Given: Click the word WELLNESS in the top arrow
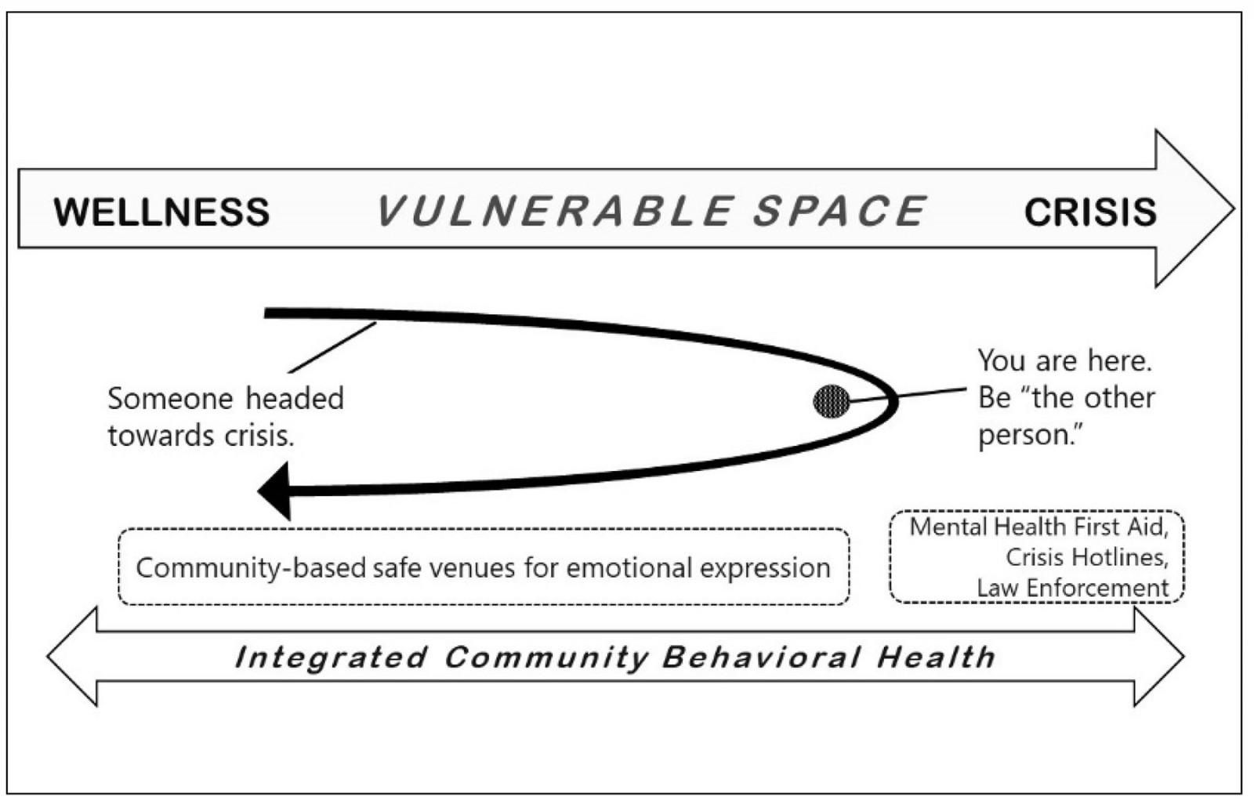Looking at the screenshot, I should [x=161, y=212].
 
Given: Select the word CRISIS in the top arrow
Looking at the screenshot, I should [x=1090, y=212].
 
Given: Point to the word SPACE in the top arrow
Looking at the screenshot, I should [x=839, y=212].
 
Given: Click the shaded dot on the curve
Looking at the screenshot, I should [x=832, y=402].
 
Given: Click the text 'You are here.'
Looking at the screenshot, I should [x=1064, y=360].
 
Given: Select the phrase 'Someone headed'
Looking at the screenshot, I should [x=226, y=398].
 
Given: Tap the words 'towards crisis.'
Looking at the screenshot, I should [x=201, y=435].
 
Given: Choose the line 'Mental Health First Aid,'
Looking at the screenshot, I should [x=1038, y=527].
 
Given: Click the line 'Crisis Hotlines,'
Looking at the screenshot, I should [x=1087, y=557].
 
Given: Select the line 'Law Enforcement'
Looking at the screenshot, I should [x=1072, y=588].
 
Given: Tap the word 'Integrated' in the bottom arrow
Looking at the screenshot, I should [x=331, y=657].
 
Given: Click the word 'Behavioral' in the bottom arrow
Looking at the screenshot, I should [x=761, y=657].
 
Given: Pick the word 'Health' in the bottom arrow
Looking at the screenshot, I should [x=936, y=657].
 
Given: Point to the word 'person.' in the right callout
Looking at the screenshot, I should [x=1027, y=435].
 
